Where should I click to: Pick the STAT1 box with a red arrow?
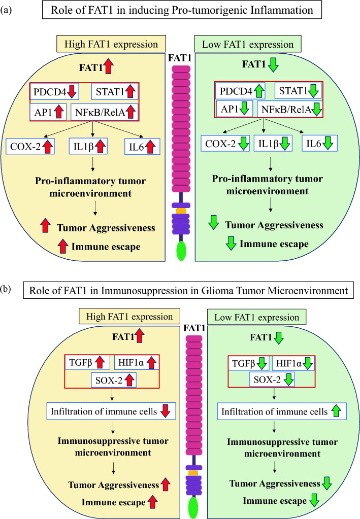114,92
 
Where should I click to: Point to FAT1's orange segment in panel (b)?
192,473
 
